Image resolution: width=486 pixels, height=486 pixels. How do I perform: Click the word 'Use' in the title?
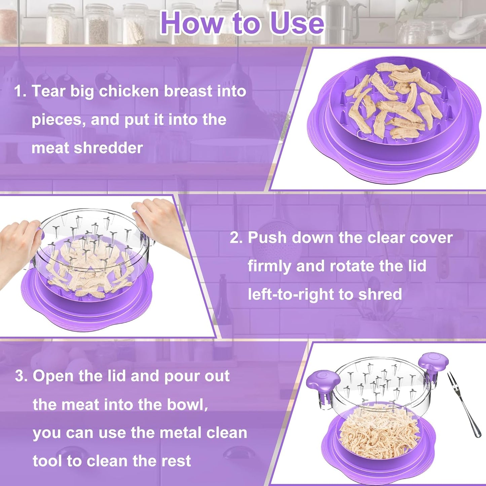(x=297, y=23)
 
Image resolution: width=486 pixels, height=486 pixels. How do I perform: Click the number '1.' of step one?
(x=20, y=91)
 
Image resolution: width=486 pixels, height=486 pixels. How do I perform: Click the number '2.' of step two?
(x=236, y=238)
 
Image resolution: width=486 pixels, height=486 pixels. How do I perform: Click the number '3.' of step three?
(x=21, y=376)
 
